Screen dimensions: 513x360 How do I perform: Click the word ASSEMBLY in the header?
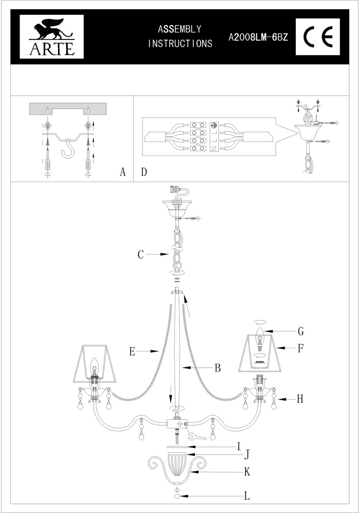179,29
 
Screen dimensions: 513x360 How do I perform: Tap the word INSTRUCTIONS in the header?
180,44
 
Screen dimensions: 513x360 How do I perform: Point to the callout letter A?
123,172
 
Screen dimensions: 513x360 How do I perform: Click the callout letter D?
144,172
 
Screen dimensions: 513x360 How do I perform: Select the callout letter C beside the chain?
141,254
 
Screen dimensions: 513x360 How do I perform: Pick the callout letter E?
132,351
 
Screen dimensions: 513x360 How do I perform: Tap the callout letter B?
217,367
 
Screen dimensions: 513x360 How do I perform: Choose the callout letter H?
299,399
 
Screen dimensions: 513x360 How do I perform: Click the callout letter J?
246,455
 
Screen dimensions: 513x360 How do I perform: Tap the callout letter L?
247,496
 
